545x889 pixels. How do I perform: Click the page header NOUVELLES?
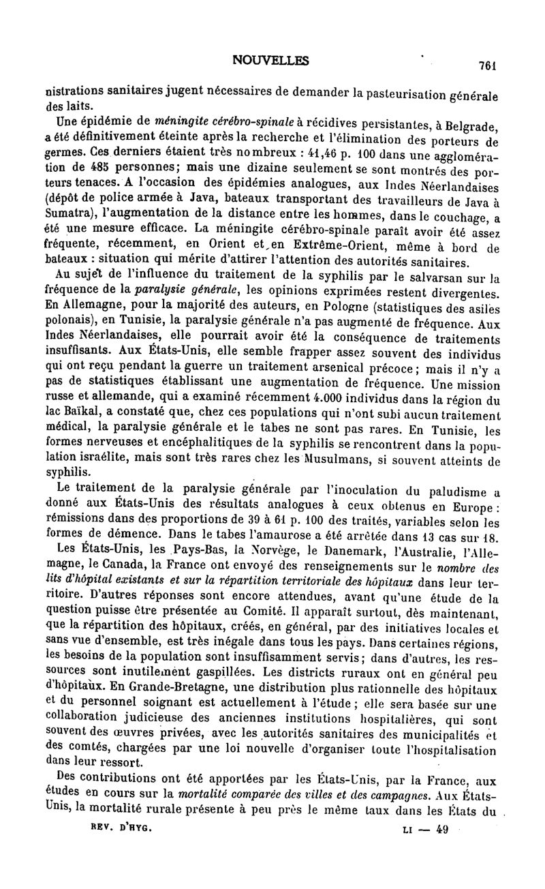(x=270, y=60)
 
